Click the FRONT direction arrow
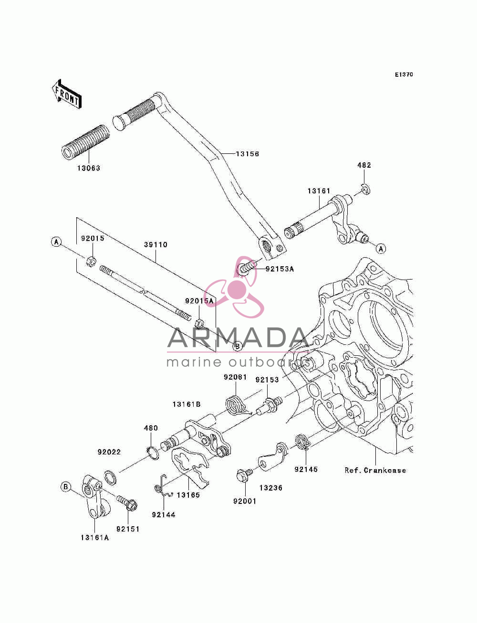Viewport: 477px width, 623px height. point(66,94)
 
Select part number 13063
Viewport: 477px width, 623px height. point(89,168)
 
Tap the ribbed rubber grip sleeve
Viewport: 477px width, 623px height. point(85,141)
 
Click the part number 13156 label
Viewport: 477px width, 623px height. point(247,154)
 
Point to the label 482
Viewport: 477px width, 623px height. point(364,165)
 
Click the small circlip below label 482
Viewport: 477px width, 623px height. point(366,189)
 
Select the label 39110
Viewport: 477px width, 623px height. point(156,245)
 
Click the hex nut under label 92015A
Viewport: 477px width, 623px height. point(200,323)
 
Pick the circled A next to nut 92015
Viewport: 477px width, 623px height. point(56,242)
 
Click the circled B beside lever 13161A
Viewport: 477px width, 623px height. point(65,487)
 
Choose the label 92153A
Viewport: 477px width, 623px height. point(280,269)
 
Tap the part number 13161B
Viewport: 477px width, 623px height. point(187,404)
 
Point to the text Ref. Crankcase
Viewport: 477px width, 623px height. point(375,470)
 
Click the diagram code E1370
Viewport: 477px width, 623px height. point(404,75)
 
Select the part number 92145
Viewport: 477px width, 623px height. point(306,470)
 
